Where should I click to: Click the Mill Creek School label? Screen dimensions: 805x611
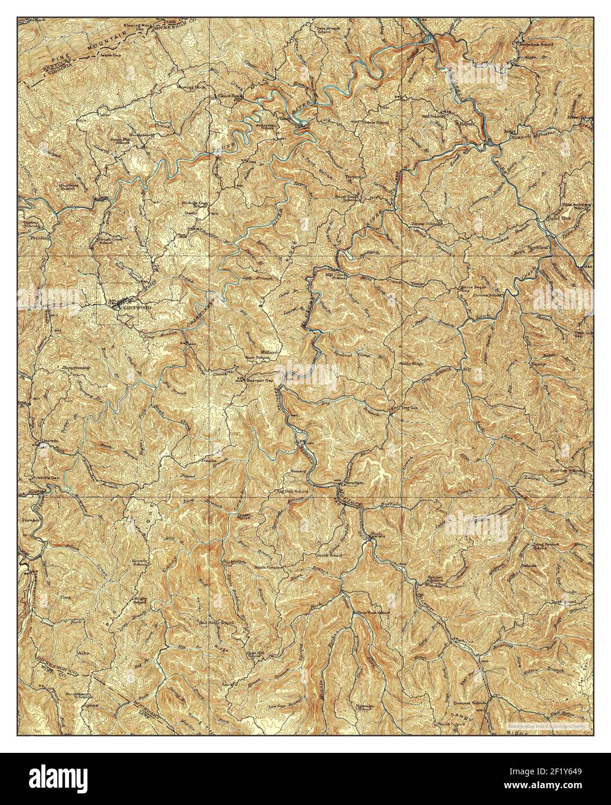click(x=335, y=276)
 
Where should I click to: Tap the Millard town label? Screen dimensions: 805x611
click(x=270, y=352)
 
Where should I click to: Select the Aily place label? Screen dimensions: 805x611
click(x=465, y=369)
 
